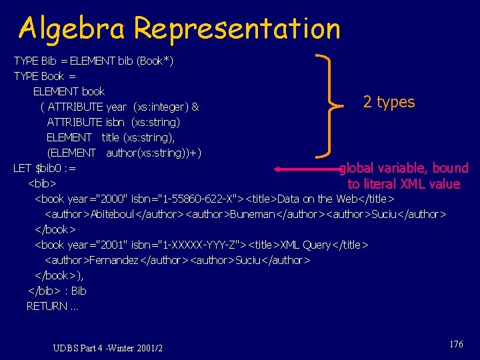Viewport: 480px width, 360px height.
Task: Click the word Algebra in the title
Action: [73, 29]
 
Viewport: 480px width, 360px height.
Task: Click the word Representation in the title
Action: [237, 29]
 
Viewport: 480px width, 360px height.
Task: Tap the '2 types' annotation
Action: [389, 102]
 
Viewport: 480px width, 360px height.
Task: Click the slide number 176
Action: [456, 344]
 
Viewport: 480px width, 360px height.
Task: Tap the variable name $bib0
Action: [49, 168]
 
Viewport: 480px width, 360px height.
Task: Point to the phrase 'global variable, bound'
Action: [404, 168]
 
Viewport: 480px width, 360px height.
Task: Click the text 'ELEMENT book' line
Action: [69, 91]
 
